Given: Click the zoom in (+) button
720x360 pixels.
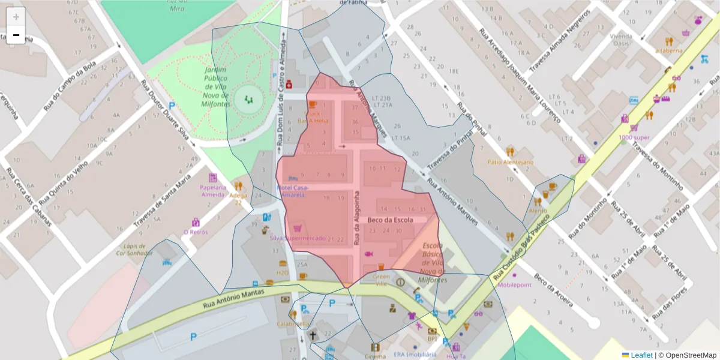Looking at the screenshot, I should (16, 16).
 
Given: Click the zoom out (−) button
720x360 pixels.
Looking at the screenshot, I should (16, 35).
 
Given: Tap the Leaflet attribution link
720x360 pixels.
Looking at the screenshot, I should (641, 355).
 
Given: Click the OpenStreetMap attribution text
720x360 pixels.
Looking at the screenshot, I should (688, 355).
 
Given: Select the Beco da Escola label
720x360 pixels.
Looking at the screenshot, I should (390, 220).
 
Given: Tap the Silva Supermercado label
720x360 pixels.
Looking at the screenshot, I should (298, 238).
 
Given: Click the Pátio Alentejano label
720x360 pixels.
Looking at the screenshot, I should (510, 162).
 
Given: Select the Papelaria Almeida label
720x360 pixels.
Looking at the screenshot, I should (213, 190).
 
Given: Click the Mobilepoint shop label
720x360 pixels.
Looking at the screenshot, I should (514, 285).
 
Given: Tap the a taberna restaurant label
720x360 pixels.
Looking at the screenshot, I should (669, 50).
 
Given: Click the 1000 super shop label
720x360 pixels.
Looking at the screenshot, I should (634, 137).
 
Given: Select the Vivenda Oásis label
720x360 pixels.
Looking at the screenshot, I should (622, 39).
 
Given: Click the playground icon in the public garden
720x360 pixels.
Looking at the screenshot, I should (248, 99).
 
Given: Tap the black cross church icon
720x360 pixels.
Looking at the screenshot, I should (313, 334).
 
